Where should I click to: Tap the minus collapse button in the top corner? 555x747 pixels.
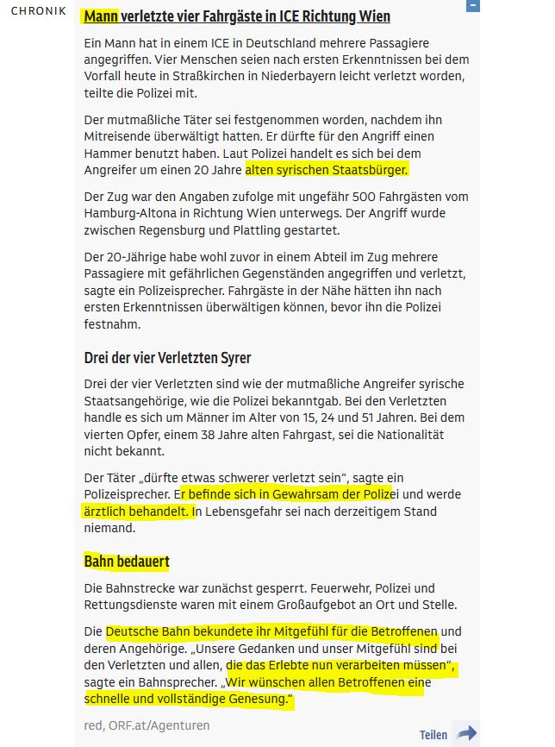pyautogui.click(x=472, y=6)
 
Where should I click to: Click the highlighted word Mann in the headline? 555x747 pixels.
pyautogui.click(x=100, y=16)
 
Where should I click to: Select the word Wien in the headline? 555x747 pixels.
pyautogui.click(x=372, y=16)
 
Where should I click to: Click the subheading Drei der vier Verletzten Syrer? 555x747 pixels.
pyautogui.click(x=167, y=357)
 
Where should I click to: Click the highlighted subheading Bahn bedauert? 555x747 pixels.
pyautogui.click(x=126, y=562)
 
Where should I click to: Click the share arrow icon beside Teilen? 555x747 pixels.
pyautogui.click(x=467, y=733)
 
